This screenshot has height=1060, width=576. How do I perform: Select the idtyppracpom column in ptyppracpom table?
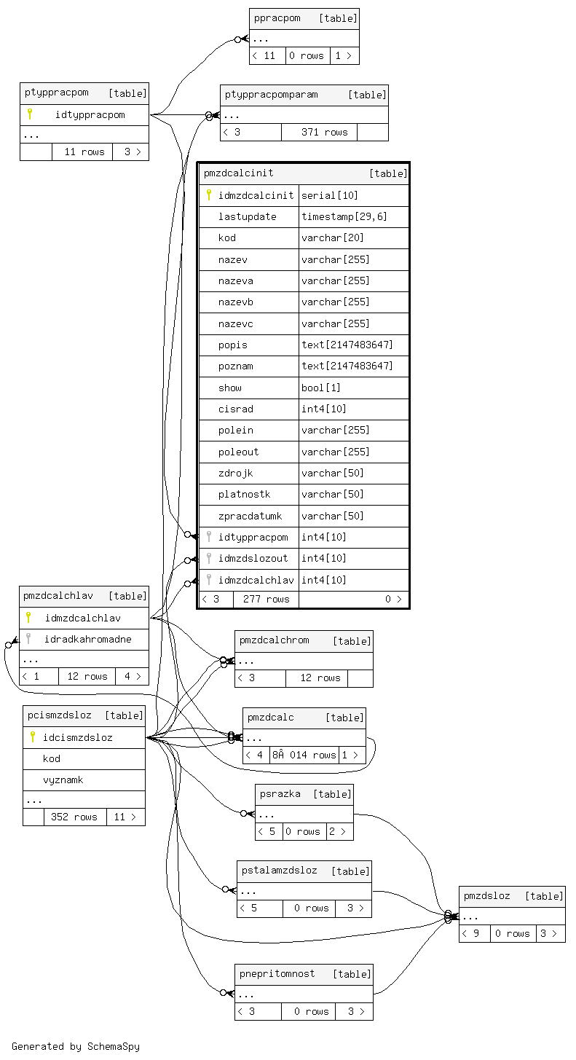click(x=90, y=114)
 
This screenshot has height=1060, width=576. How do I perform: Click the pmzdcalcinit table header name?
click(x=239, y=173)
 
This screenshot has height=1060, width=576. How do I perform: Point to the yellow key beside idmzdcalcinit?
click(x=209, y=195)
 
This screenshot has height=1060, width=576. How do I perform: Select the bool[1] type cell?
click(x=317, y=388)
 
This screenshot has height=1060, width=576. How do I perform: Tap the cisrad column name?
click(x=235, y=409)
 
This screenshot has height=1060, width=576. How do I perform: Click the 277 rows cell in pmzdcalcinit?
click(x=266, y=599)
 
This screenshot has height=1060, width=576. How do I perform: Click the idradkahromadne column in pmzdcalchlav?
click(x=87, y=639)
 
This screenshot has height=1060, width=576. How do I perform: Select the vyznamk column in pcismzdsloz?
click(x=63, y=780)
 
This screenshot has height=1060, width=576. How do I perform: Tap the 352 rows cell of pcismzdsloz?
click(x=74, y=817)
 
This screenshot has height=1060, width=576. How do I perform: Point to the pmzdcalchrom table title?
click(x=274, y=640)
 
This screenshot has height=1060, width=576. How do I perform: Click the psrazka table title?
click(x=280, y=793)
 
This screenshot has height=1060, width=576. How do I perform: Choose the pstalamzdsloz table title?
click(x=279, y=871)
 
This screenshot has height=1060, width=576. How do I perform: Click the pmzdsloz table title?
click(x=486, y=895)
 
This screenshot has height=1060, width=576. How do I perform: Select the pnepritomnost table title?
click(x=277, y=973)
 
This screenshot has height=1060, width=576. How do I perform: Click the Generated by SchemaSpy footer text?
click(x=75, y=1046)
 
